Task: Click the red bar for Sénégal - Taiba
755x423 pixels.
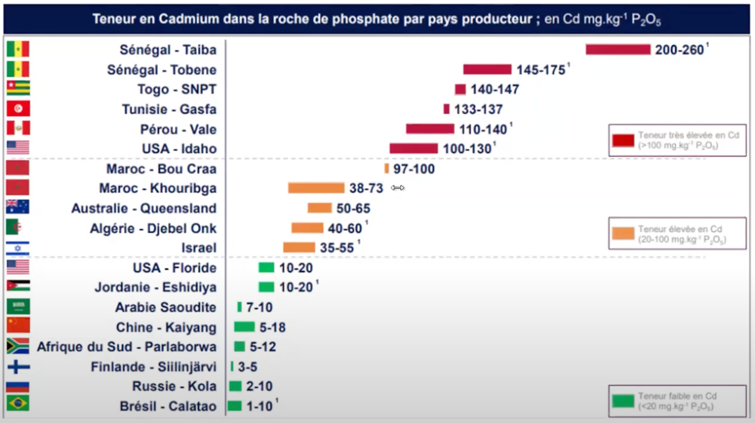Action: click(x=618, y=50)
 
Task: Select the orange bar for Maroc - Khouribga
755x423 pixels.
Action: click(x=316, y=188)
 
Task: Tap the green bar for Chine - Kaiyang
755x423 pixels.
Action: click(x=244, y=327)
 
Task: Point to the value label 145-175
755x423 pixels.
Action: click(x=541, y=70)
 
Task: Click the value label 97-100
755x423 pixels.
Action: click(x=414, y=169)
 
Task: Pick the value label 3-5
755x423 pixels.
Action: click(x=247, y=367)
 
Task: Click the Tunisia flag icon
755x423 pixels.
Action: click(x=18, y=109)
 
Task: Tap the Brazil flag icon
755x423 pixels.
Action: click(x=18, y=403)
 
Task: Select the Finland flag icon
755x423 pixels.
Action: click(x=18, y=367)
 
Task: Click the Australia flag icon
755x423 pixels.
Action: click(x=18, y=207)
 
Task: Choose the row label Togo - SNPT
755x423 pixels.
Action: click(x=177, y=90)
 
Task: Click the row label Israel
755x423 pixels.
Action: click(x=199, y=248)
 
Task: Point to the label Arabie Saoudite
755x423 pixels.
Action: click(x=166, y=307)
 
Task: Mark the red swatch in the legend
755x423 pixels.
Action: click(x=623, y=140)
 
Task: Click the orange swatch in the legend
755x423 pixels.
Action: click(x=623, y=234)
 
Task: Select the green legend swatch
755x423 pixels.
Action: click(x=623, y=401)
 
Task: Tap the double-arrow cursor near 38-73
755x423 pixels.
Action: click(x=398, y=188)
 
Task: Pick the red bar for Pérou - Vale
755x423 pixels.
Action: click(x=430, y=129)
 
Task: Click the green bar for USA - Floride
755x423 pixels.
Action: click(x=266, y=268)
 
